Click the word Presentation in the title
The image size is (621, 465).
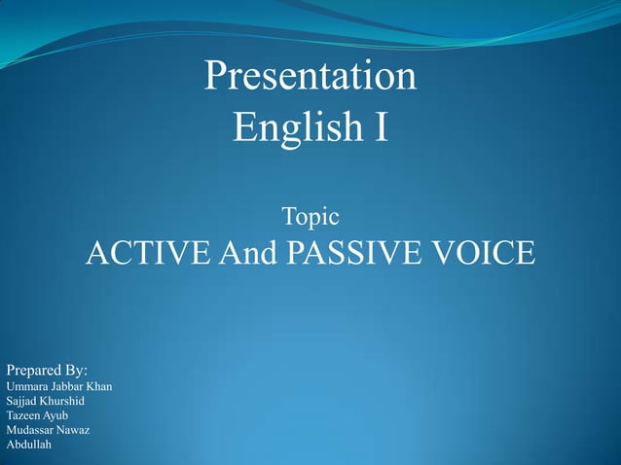pyautogui.click(x=310, y=77)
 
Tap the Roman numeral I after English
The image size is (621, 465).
pyautogui.click(x=380, y=127)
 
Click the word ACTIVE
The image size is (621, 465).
pyautogui.click(x=146, y=254)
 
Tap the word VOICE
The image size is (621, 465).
pyautogui.click(x=483, y=254)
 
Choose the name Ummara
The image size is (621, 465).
pyautogui.click(x=26, y=387)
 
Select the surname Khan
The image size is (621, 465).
pyautogui.click(x=100, y=386)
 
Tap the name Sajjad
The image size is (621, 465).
pyautogui.click(x=20, y=401)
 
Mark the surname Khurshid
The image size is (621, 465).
pyautogui.click(x=61, y=401)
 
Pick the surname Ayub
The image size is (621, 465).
pyautogui.click(x=55, y=416)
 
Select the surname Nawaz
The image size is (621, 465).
pyautogui.click(x=74, y=430)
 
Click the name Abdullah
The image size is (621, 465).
pyautogui.click(x=28, y=445)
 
